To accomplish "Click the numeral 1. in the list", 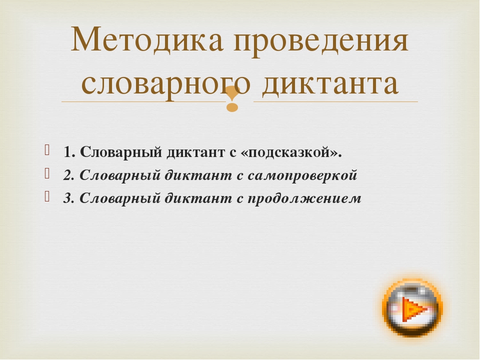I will click(69, 152).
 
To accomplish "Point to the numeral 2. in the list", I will click(69, 175).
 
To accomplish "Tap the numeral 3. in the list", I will click(69, 198).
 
